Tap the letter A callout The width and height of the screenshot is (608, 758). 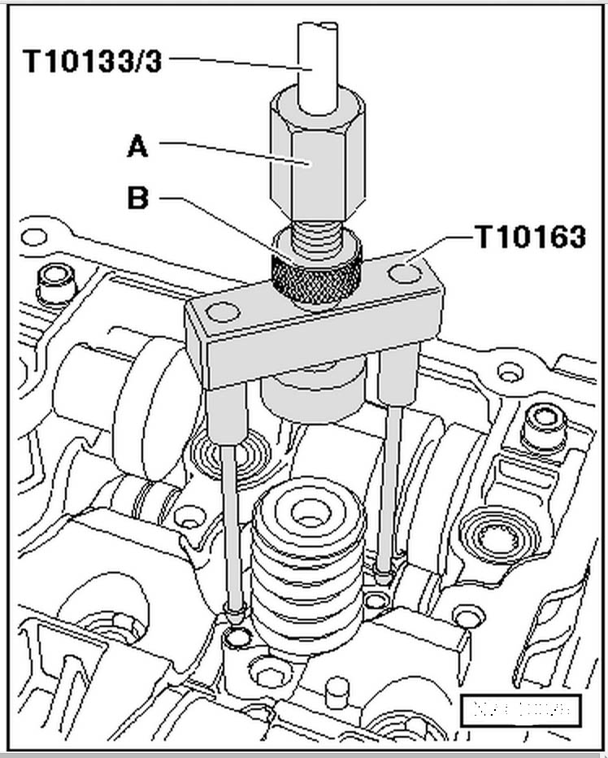click(x=139, y=146)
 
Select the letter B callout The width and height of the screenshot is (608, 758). click(x=139, y=198)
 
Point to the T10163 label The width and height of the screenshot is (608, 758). click(x=529, y=237)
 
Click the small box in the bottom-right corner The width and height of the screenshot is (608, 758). click(x=520, y=709)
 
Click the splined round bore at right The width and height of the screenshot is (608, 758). click(x=496, y=536)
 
